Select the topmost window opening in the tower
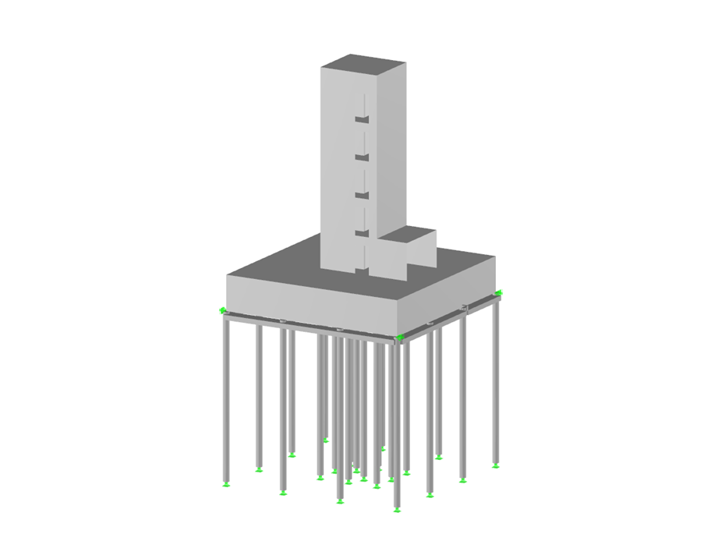[x=361, y=119]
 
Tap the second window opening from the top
[x=361, y=158]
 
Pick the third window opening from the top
[x=361, y=196]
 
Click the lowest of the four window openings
[x=361, y=233]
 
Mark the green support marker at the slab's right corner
[x=499, y=293]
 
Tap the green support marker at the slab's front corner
[x=400, y=338]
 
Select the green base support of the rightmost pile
[x=496, y=466]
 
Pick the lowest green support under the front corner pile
[x=396, y=511]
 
